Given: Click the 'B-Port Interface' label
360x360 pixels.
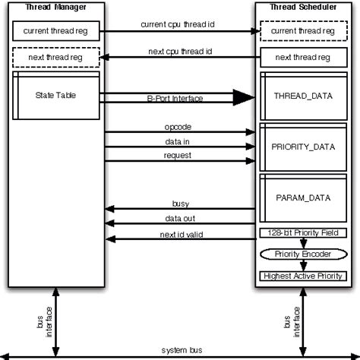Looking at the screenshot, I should coord(177,99).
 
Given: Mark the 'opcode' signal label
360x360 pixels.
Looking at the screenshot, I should coord(177,126).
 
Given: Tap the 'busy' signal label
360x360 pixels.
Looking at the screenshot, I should coord(181,204).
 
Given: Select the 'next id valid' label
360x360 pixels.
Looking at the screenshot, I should coord(182,234).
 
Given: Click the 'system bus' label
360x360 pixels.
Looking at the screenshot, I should coord(182,350).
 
